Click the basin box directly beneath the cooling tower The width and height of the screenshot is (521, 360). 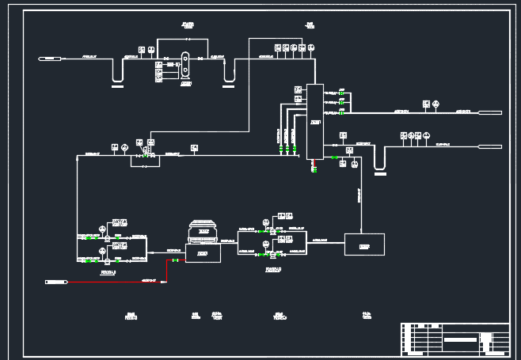click(203, 252)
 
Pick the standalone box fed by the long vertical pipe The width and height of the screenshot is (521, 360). click(364, 244)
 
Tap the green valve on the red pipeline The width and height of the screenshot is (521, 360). click(174, 260)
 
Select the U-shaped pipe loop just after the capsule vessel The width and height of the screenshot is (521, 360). click(229, 70)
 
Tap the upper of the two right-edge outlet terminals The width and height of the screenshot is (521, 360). click(491, 112)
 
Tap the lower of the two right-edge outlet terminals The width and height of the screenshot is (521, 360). click(491, 146)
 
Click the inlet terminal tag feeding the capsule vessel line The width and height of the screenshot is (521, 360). click(50, 59)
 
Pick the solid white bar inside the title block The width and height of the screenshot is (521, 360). click(461, 339)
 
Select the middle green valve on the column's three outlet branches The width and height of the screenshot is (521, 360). click(340, 102)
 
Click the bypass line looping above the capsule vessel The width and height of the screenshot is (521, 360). click(185, 40)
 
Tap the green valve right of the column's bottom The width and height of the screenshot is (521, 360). click(335, 158)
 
